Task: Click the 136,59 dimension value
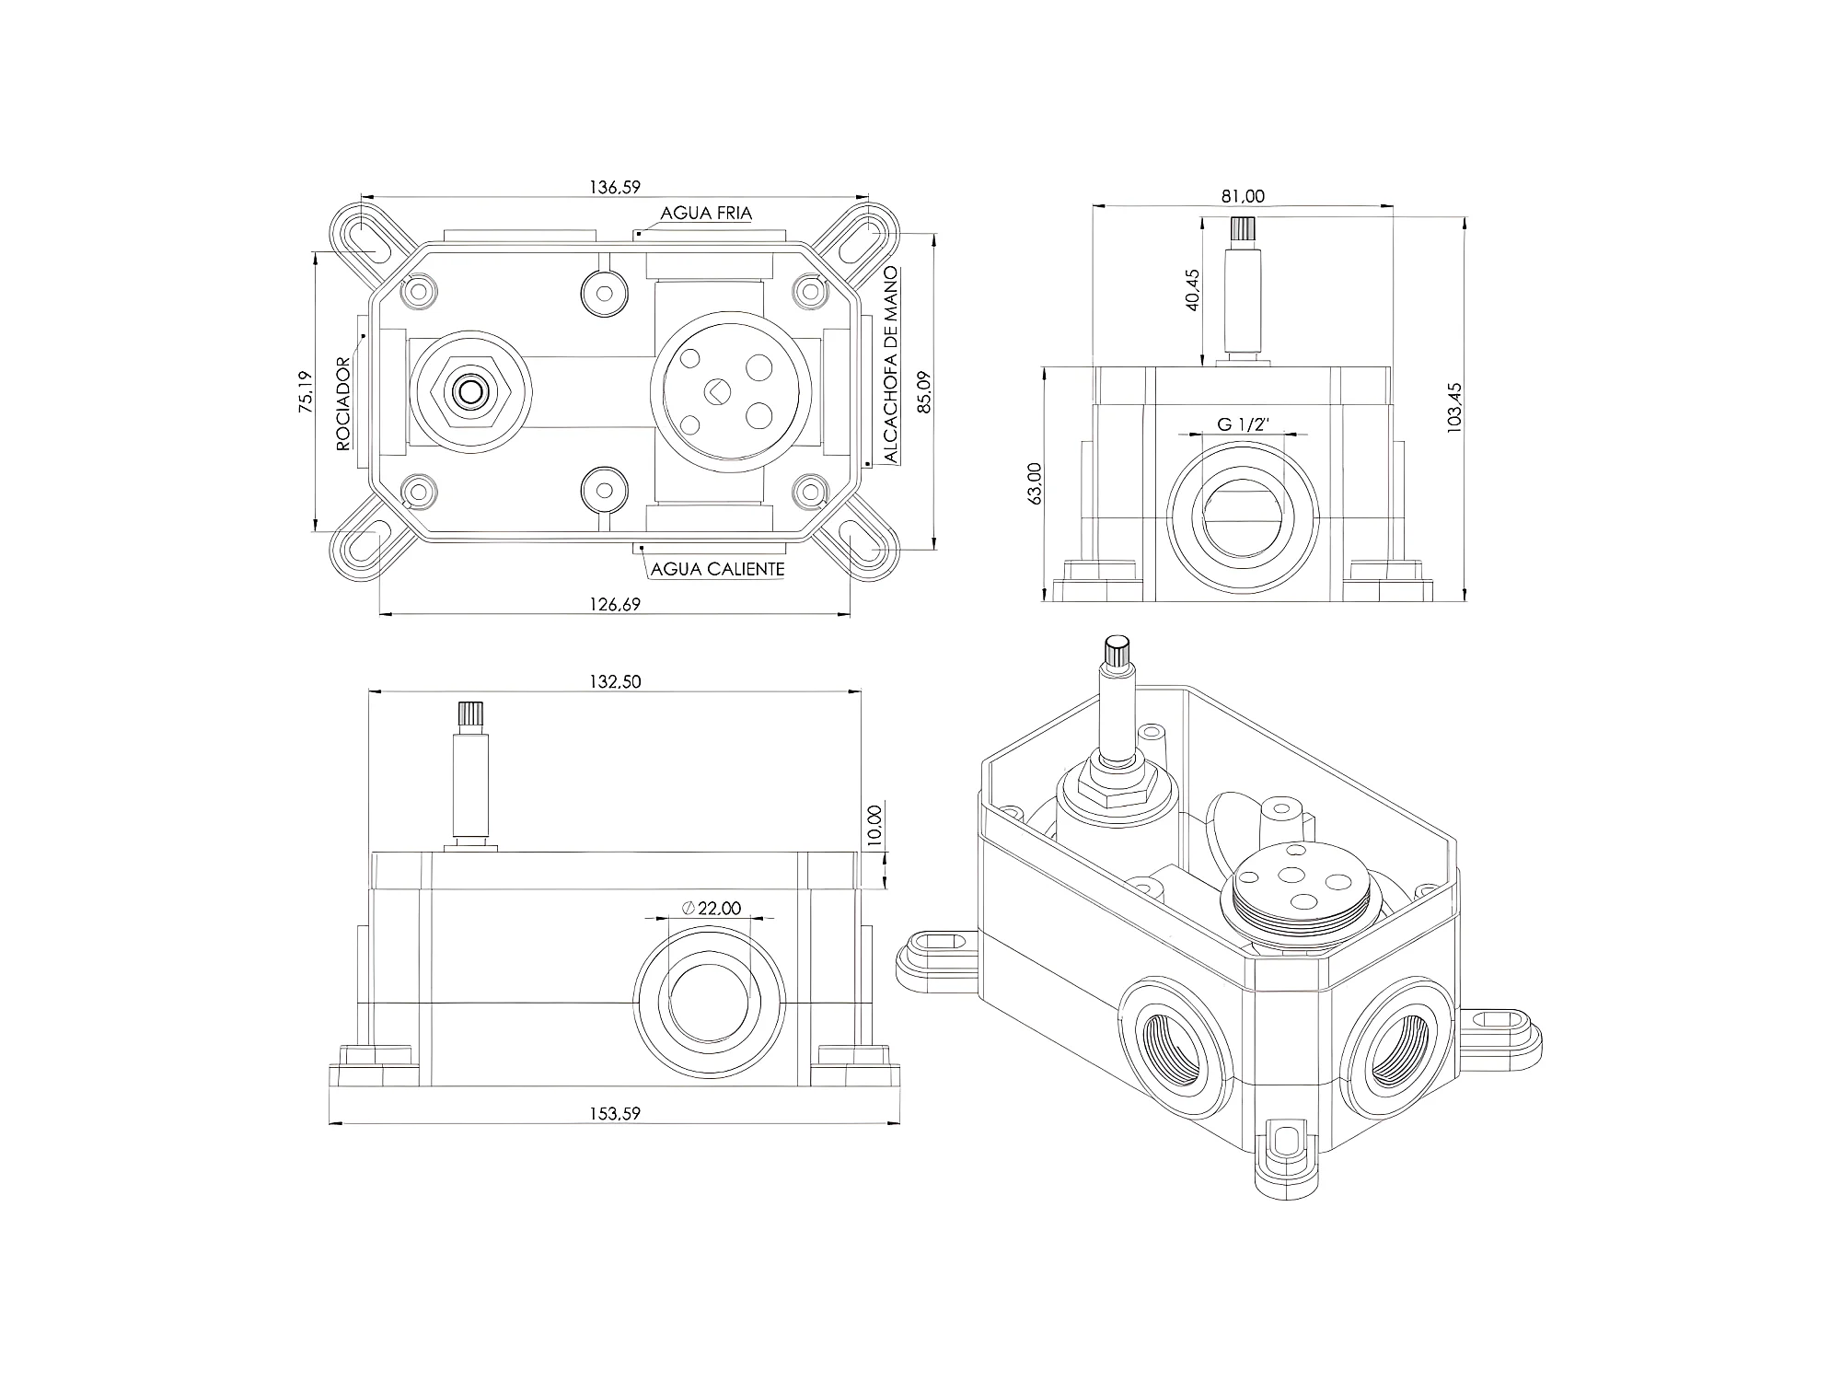[x=615, y=187]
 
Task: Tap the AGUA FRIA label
[x=706, y=214]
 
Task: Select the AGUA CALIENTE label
[x=718, y=569]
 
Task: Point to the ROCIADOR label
[x=343, y=404]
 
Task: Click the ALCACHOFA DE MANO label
[x=890, y=366]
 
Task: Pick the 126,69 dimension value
[x=615, y=604]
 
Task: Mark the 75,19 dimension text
[x=307, y=391]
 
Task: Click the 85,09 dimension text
[x=926, y=391]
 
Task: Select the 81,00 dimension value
[x=1243, y=196]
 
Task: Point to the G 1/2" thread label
[x=1244, y=424]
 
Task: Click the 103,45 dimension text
[x=1454, y=408]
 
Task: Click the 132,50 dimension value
[x=615, y=681]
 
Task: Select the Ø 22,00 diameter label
[x=712, y=909]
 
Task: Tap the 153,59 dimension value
[x=615, y=1113]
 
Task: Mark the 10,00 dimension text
[x=874, y=826]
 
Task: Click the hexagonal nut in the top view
[x=470, y=391]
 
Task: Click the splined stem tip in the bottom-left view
[x=470, y=714]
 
